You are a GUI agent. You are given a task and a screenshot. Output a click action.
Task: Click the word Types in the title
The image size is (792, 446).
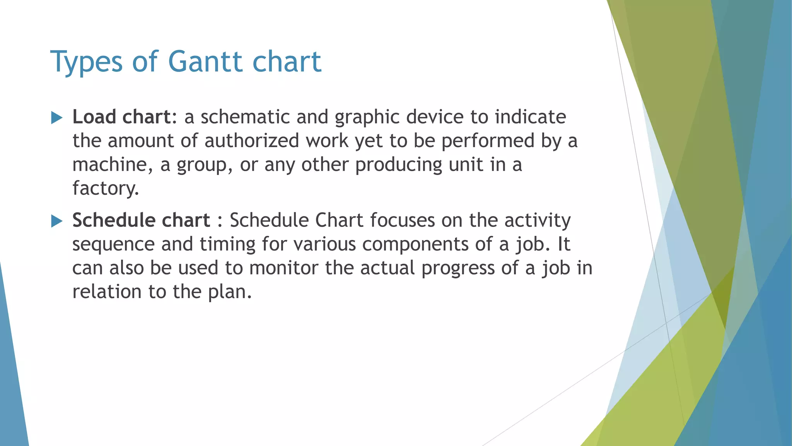click(x=86, y=62)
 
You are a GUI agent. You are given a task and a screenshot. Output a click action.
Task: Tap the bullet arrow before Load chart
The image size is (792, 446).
click(x=57, y=118)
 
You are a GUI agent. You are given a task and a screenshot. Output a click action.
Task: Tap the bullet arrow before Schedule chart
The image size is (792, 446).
click(x=57, y=221)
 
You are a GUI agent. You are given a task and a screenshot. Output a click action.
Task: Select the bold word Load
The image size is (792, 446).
click(x=94, y=117)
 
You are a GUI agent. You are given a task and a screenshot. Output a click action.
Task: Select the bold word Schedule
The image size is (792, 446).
click(x=113, y=220)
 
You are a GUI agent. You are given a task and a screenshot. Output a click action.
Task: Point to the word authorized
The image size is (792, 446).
click(x=252, y=141)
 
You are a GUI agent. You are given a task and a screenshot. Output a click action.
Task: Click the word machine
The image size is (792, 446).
click(x=109, y=165)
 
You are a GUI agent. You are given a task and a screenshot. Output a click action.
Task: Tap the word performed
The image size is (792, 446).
click(x=488, y=141)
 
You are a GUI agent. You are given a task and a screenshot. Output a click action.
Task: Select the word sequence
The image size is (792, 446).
click(x=113, y=245)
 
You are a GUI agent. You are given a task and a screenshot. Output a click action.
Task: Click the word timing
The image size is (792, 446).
click(x=227, y=245)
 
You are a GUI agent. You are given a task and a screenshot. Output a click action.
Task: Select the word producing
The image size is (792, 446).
click(x=399, y=165)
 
